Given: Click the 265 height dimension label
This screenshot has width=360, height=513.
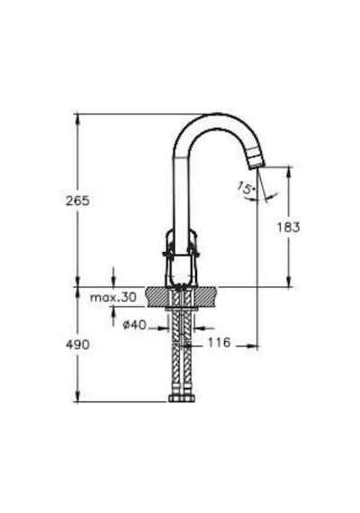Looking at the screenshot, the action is (77, 201).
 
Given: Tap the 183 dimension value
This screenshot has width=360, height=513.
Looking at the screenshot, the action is (289, 227).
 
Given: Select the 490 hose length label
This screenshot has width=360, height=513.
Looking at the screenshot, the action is (77, 344).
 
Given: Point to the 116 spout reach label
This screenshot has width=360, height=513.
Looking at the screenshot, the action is (220, 342).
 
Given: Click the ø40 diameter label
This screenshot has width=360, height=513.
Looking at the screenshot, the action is (134, 325).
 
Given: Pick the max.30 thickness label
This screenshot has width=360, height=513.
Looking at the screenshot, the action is (112, 297).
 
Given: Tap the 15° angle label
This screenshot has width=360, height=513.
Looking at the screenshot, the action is (246, 188).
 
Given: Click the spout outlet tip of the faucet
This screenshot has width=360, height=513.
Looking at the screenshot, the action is (256, 166).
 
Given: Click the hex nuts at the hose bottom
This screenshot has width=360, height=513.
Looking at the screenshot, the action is (182, 398).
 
